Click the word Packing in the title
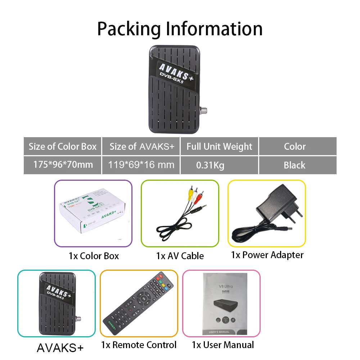pyautogui.click(x=129, y=29)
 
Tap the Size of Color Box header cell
pyautogui.click(x=63, y=147)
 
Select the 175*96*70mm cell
pyautogui.click(x=63, y=165)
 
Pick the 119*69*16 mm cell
pyautogui.click(x=141, y=165)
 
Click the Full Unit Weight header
pyautogui.click(x=219, y=147)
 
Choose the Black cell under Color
pyautogui.click(x=294, y=165)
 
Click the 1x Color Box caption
pyautogui.click(x=94, y=256)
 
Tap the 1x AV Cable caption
pyautogui.click(x=180, y=256)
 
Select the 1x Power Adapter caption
pyautogui.click(x=267, y=255)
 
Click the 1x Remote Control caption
pyautogui.click(x=139, y=345)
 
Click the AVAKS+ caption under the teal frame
pyautogui.click(x=60, y=348)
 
